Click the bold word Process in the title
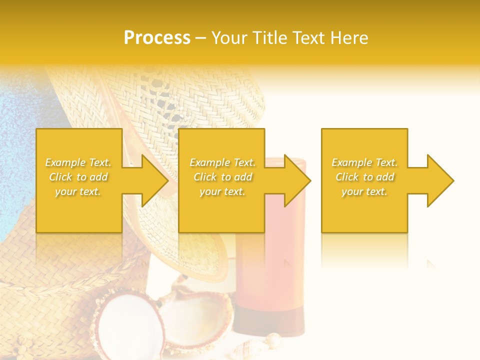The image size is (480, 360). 157,38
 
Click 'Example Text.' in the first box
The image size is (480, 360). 78,162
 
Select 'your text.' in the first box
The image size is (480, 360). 78,191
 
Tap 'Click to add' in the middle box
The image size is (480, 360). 222,177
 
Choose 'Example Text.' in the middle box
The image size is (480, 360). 222,162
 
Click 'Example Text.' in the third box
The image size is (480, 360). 364,162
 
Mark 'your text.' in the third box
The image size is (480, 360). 364,191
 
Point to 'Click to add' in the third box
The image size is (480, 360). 364,177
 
